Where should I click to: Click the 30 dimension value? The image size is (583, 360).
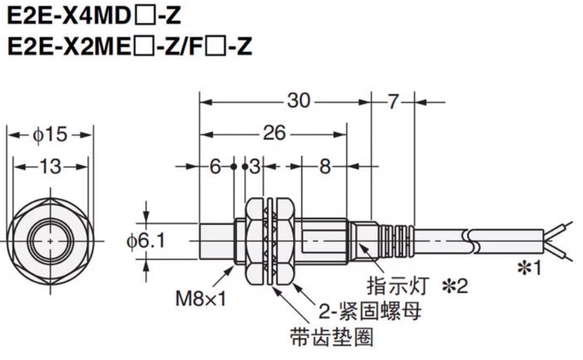click(299, 101)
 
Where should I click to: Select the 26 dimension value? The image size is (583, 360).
click(274, 133)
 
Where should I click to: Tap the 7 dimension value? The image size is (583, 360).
click(394, 101)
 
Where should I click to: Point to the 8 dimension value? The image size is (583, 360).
click(325, 166)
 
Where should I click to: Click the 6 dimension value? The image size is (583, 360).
click(216, 166)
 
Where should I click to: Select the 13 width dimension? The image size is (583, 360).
click(50, 166)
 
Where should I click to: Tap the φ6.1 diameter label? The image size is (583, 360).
click(147, 241)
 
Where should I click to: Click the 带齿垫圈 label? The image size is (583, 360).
click(332, 337)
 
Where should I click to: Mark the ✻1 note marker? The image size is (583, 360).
click(529, 267)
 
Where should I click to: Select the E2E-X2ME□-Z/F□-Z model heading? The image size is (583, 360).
click(128, 46)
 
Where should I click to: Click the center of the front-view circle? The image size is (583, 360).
click(51, 240)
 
